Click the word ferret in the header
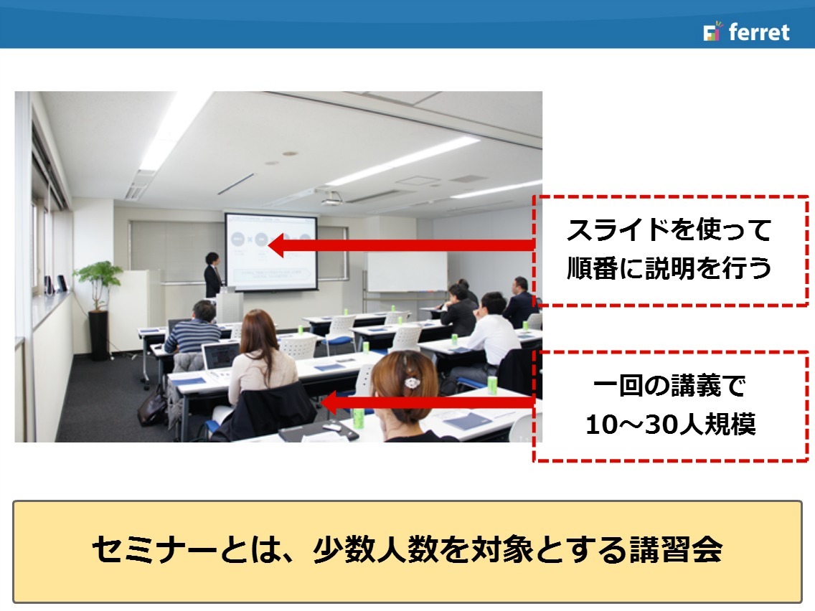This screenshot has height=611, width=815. click(759, 32)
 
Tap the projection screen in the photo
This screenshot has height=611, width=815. click(270, 252)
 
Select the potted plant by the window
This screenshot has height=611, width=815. click(98, 309)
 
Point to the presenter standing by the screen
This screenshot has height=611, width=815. click(212, 275)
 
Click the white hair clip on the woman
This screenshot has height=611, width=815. click(413, 384)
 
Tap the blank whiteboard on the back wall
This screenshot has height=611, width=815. click(407, 272)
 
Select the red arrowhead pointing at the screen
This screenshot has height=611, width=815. click(276, 245)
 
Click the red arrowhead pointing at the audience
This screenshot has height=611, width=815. click(329, 402)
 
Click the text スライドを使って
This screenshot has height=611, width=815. click(669, 230)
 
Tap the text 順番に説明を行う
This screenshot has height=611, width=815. click(669, 268)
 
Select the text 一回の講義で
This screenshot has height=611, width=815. click(669, 386)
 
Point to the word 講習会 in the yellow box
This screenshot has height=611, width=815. click(676, 550)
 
